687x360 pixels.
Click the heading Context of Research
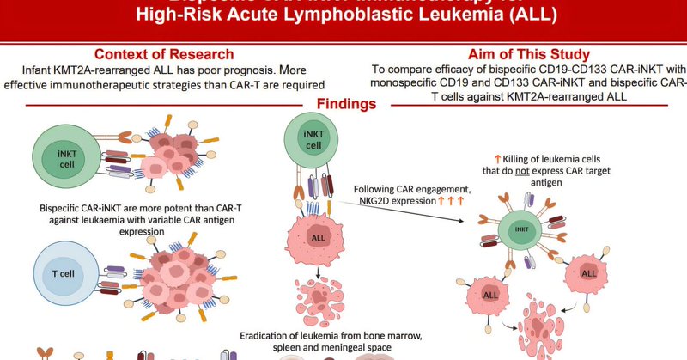(x=164, y=53)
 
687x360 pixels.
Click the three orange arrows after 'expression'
(x=451, y=201)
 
